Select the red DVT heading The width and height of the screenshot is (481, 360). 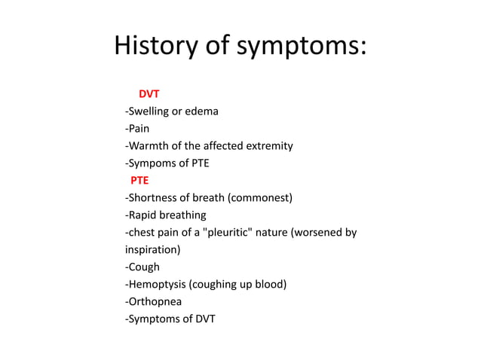point(149,94)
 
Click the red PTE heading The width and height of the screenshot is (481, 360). point(139,181)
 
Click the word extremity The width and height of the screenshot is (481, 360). point(269,146)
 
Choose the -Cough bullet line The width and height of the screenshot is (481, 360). point(142,267)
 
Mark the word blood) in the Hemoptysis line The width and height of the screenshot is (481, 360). point(271,284)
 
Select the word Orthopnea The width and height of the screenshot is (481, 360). point(155,301)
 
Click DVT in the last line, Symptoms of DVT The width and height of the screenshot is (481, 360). point(204,319)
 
